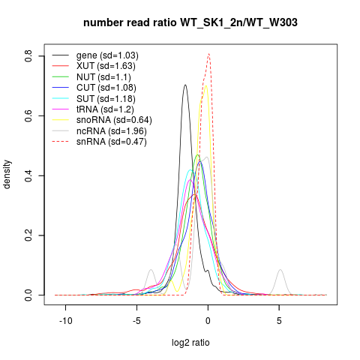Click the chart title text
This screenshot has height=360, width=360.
[190, 23]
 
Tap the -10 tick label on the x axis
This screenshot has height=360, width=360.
[66, 321]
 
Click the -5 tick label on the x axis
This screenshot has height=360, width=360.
[136, 321]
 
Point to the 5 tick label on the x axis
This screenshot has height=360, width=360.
[279, 321]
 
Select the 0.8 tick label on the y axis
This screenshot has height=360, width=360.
[28, 56]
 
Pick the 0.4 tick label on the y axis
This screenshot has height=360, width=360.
[28, 175]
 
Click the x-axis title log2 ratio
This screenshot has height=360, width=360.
[190, 343]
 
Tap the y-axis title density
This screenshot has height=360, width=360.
[7, 175]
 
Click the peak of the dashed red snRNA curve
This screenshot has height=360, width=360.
[208, 54]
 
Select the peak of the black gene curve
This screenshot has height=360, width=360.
[185, 85]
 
